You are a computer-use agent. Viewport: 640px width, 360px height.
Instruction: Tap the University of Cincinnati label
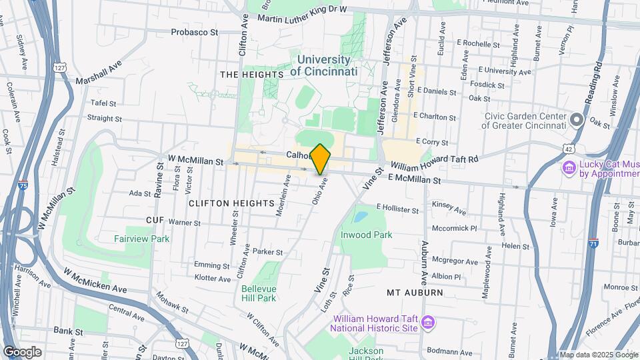click(x=324, y=65)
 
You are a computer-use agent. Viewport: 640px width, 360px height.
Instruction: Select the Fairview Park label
click(x=141, y=239)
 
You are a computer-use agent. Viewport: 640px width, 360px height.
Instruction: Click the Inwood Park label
click(x=366, y=235)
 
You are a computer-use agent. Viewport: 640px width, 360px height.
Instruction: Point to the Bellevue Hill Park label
click(x=259, y=293)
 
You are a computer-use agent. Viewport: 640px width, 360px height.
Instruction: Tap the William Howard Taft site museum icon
click(x=427, y=324)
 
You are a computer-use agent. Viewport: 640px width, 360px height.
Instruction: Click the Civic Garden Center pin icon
click(x=577, y=121)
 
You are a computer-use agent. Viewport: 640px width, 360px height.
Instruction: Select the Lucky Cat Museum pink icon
click(x=569, y=167)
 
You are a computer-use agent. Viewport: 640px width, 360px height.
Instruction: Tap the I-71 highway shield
click(x=593, y=244)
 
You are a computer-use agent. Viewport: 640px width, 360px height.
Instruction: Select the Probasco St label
click(x=195, y=31)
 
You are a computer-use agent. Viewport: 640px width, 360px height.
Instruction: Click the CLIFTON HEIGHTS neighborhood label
click(x=231, y=203)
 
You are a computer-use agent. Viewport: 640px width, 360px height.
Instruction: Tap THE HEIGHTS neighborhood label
click(x=244, y=75)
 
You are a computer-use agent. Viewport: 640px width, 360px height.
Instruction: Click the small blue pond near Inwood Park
click(x=361, y=217)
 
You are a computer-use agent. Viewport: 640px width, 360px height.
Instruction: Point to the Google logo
click(x=22, y=352)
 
